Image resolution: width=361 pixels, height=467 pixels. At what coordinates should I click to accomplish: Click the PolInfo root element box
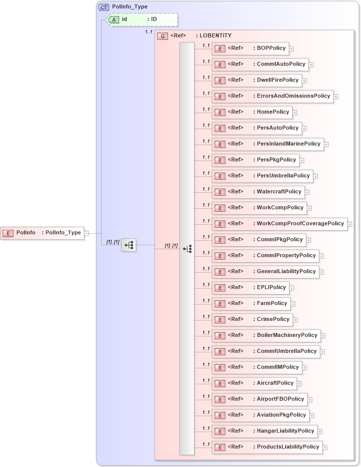42,233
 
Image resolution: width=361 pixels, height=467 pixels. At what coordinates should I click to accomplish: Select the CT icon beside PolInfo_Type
104,7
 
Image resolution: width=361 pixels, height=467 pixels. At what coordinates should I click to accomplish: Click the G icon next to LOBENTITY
162,36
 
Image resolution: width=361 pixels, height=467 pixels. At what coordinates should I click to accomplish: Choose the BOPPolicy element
250,48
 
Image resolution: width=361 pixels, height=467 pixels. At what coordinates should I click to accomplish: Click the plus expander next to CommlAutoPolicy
311,65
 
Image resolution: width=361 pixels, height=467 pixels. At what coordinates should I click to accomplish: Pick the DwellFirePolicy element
256,80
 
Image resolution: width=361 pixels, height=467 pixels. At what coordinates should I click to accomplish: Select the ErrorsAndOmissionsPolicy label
293,96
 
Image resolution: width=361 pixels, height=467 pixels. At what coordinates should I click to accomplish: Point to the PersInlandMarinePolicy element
268,144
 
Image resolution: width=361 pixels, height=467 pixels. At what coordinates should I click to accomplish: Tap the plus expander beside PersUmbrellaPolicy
316,176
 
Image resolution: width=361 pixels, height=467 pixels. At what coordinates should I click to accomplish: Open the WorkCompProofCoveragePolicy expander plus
350,224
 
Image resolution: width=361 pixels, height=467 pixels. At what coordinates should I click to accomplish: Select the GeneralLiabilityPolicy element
265,272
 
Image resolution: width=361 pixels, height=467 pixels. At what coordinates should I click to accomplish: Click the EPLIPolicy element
250,288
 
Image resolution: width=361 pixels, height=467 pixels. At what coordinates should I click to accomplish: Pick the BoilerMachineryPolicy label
287,335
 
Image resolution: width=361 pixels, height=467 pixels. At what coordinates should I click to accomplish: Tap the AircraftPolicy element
254,383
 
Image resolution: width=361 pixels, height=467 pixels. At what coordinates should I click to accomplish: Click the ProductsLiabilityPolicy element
267,447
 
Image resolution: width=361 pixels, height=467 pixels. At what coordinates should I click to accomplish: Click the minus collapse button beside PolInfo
86,233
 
